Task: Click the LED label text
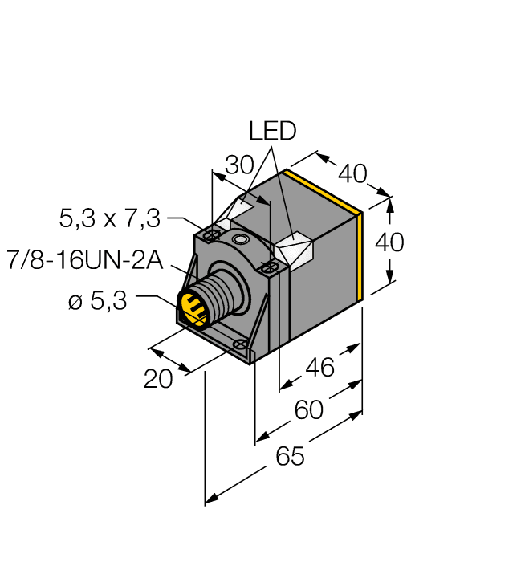272,130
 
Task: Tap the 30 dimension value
238,165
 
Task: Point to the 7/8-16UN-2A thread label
84,260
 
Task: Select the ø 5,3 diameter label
98,303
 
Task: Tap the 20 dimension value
158,379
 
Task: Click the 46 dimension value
320,369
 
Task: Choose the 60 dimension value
308,411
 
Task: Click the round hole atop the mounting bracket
238,239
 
